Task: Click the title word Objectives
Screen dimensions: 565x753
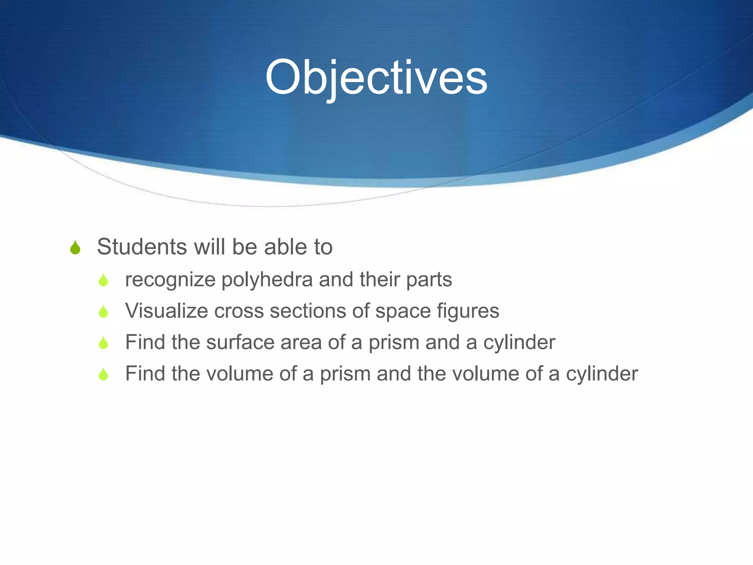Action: (376, 78)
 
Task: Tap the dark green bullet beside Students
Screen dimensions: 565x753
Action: (75, 248)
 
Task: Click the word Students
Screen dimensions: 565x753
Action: (142, 246)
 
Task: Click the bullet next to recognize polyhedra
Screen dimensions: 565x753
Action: (103, 280)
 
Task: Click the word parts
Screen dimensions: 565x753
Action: (429, 280)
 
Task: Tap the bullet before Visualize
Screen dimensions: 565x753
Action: (103, 312)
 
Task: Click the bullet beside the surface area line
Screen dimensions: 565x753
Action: (103, 343)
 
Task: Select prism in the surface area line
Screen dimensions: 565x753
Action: (393, 342)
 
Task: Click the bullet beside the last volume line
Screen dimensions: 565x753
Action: (103, 374)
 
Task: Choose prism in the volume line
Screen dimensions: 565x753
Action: (345, 374)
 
